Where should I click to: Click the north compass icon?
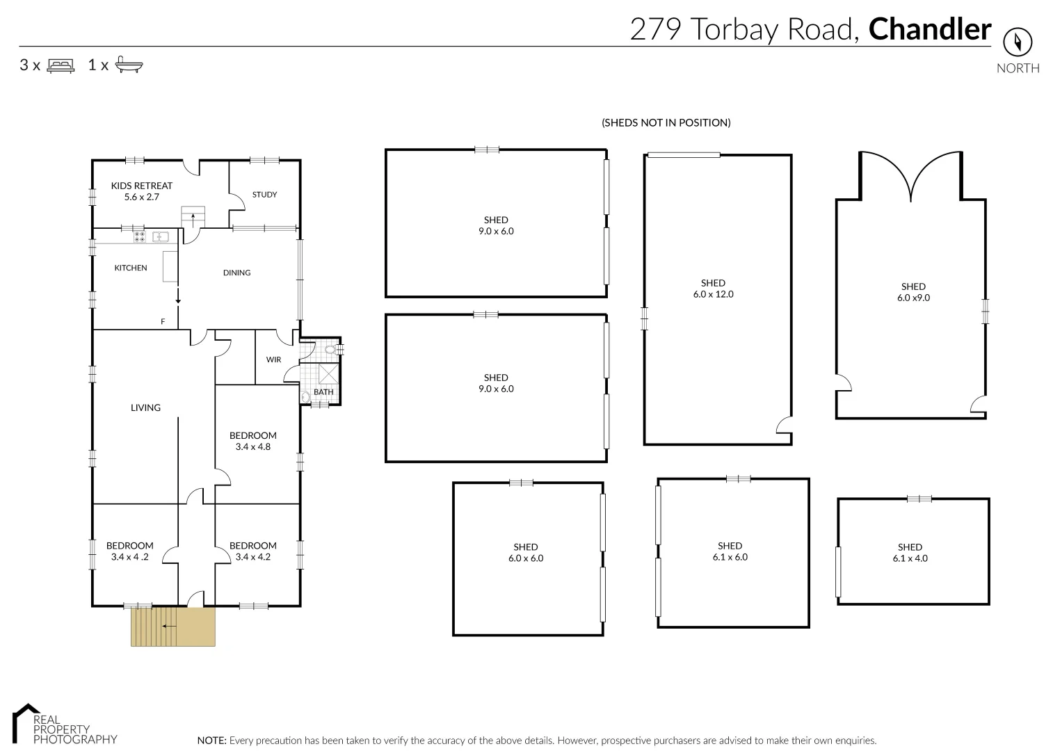pos(1018,42)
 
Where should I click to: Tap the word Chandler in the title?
pos(930,29)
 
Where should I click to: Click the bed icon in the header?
pos(61,65)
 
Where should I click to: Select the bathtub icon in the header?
pos(129,65)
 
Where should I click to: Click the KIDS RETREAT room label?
pos(142,191)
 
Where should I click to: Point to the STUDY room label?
pos(264,195)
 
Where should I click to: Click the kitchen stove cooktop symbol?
pos(139,236)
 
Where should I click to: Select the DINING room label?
pos(236,273)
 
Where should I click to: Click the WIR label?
pos(273,360)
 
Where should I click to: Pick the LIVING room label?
pos(145,407)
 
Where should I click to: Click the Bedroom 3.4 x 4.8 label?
pos(253,441)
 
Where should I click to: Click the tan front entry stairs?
pos(172,627)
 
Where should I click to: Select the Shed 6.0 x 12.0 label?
pos(713,289)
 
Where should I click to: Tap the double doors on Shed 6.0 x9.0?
pos(911,177)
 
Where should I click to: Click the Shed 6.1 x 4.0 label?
pos(910,552)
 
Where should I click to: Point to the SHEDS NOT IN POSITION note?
pos(666,122)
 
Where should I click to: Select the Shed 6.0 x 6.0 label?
pos(526,552)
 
